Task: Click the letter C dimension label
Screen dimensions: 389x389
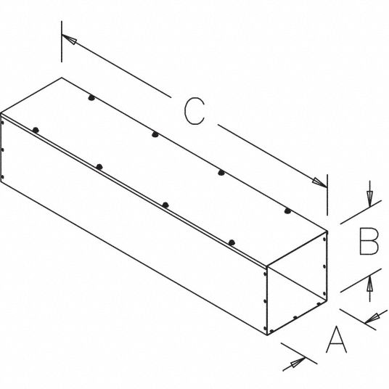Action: click(194, 110)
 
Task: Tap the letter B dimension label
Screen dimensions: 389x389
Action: click(369, 242)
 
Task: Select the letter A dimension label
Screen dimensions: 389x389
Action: click(336, 340)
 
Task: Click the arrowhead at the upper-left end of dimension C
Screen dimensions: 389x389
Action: click(69, 39)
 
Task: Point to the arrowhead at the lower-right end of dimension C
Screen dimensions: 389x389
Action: click(320, 182)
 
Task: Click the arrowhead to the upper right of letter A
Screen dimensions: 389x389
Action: click(372, 318)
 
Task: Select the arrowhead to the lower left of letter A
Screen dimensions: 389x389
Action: click(298, 362)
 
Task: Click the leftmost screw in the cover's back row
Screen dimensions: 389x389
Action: click(91, 98)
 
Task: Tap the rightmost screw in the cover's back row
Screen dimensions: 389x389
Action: click(287, 211)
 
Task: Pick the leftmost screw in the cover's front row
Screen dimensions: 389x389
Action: click(36, 130)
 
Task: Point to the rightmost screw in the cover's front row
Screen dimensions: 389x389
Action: click(232, 242)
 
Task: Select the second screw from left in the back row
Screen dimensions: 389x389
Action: click(155, 134)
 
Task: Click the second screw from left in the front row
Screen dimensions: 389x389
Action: click(99, 167)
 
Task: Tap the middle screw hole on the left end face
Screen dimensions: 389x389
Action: click(3, 150)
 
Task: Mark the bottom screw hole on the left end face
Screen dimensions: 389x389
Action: click(3, 177)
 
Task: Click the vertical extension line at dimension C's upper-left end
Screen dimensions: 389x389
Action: click(62, 41)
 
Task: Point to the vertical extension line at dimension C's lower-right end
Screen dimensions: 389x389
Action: click(327, 194)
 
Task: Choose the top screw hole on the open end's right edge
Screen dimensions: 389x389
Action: click(324, 239)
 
